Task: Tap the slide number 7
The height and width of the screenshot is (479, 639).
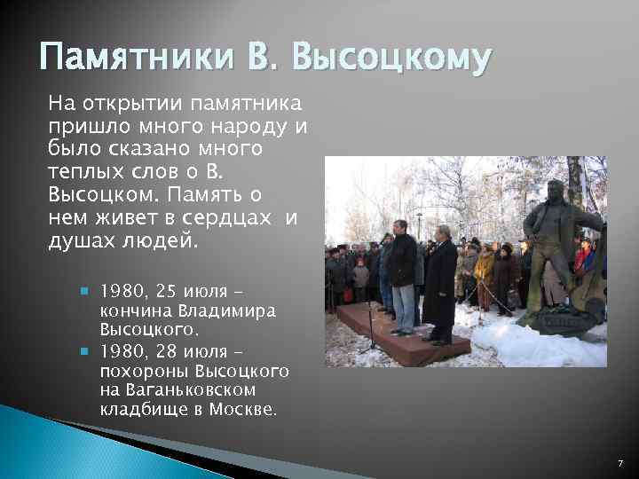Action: [620, 464]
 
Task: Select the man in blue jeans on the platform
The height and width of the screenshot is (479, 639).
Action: [403, 275]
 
